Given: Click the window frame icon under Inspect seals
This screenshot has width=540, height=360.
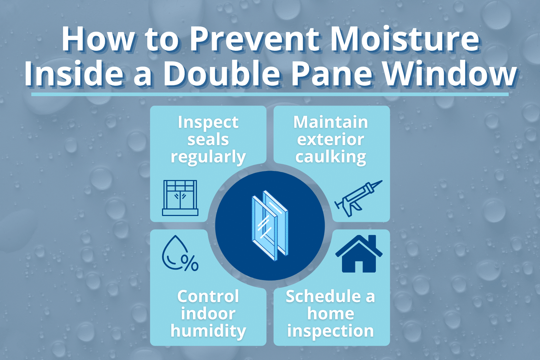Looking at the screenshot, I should (x=180, y=198).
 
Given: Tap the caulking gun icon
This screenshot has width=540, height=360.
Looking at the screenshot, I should (x=358, y=198).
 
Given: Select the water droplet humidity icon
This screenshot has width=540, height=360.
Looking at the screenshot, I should (x=176, y=252).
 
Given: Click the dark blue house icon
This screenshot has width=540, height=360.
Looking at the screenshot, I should (x=359, y=254).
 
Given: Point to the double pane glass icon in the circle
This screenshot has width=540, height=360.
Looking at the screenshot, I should (x=270, y=225).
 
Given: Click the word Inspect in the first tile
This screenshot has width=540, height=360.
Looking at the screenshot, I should (x=208, y=122).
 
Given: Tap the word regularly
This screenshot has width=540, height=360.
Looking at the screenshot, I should (x=208, y=157).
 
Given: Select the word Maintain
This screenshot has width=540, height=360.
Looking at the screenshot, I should (x=331, y=122).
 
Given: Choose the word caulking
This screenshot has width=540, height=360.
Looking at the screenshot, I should (x=331, y=157).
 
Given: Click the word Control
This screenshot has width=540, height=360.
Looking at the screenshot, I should (x=208, y=297).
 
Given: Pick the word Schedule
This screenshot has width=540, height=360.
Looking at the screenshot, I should (x=323, y=297).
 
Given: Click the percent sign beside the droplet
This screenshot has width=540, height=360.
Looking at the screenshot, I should (x=189, y=263).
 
